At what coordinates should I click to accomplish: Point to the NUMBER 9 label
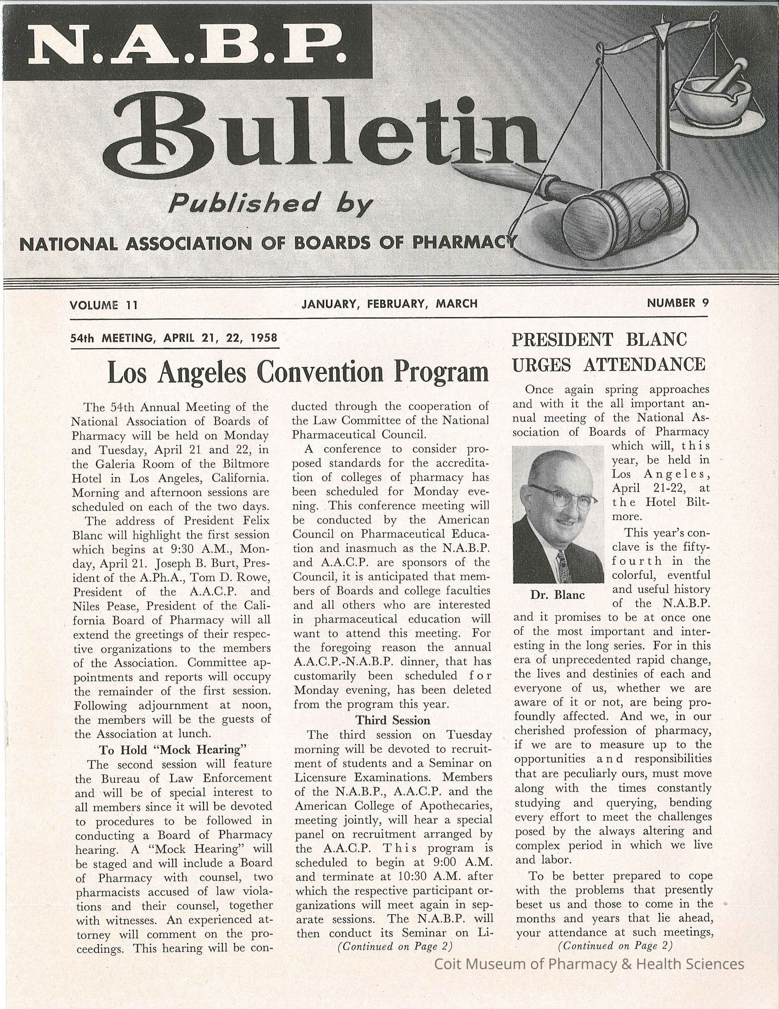pyautogui.click(x=677, y=303)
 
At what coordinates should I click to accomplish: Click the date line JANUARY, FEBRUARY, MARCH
pyautogui.click(x=389, y=303)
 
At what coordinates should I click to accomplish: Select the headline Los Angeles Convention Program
pyautogui.click(x=298, y=372)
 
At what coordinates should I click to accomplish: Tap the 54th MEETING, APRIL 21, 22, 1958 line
pyautogui.click(x=174, y=338)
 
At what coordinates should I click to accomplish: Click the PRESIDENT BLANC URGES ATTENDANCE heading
pyautogui.click(x=608, y=352)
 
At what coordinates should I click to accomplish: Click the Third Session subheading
pyautogui.click(x=392, y=720)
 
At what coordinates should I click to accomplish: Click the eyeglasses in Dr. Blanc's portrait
pyautogui.click(x=561, y=497)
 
